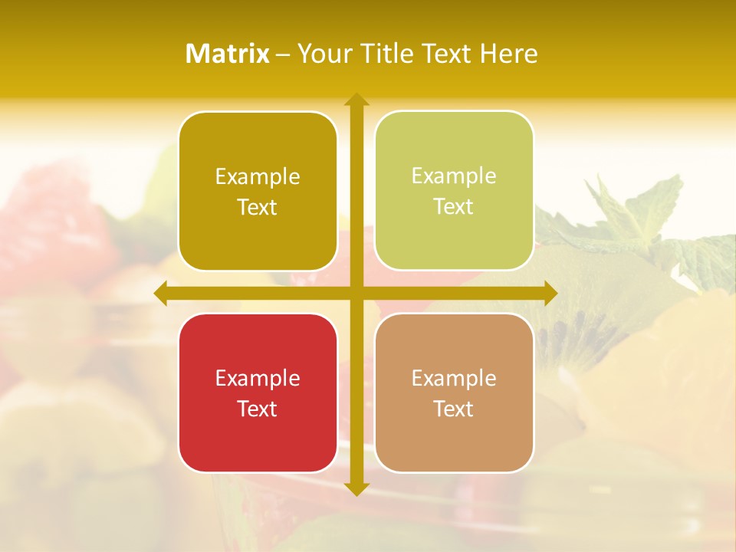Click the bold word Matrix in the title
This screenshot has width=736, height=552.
[228, 54]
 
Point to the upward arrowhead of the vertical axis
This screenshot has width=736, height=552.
[356, 100]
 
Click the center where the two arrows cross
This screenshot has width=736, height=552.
[356, 294]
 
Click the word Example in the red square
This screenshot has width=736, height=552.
[258, 378]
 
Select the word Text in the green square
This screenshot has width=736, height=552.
[454, 206]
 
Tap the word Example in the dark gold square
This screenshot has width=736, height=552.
[258, 177]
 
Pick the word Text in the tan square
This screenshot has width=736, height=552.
[454, 409]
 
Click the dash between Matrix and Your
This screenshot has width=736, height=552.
[283, 54]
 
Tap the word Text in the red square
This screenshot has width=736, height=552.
[258, 409]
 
